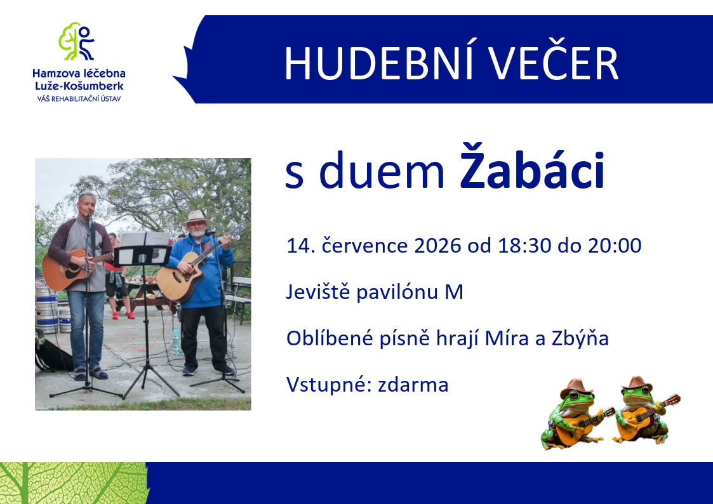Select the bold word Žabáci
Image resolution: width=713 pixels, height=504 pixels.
tap(532, 167)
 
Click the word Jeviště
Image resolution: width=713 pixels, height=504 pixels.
tap(318, 292)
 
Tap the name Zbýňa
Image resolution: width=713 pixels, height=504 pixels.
tap(580, 338)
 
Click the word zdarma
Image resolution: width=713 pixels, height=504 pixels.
tap(413, 385)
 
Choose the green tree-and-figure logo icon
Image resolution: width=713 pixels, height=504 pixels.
tap(76, 41)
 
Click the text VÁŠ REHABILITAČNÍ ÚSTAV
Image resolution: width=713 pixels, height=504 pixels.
tap(79, 98)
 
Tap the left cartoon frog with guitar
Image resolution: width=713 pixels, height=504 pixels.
tap(576, 414)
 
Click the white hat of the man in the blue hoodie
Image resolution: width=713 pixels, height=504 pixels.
tap(196, 216)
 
